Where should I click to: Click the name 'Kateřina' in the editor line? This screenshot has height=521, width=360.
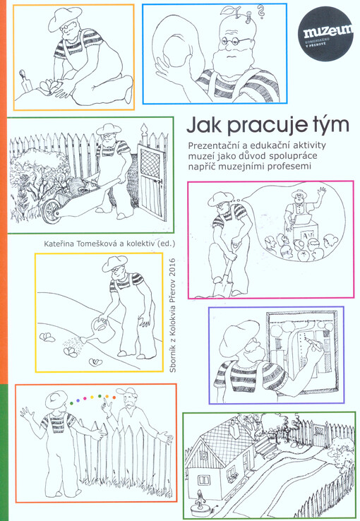[61, 244]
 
